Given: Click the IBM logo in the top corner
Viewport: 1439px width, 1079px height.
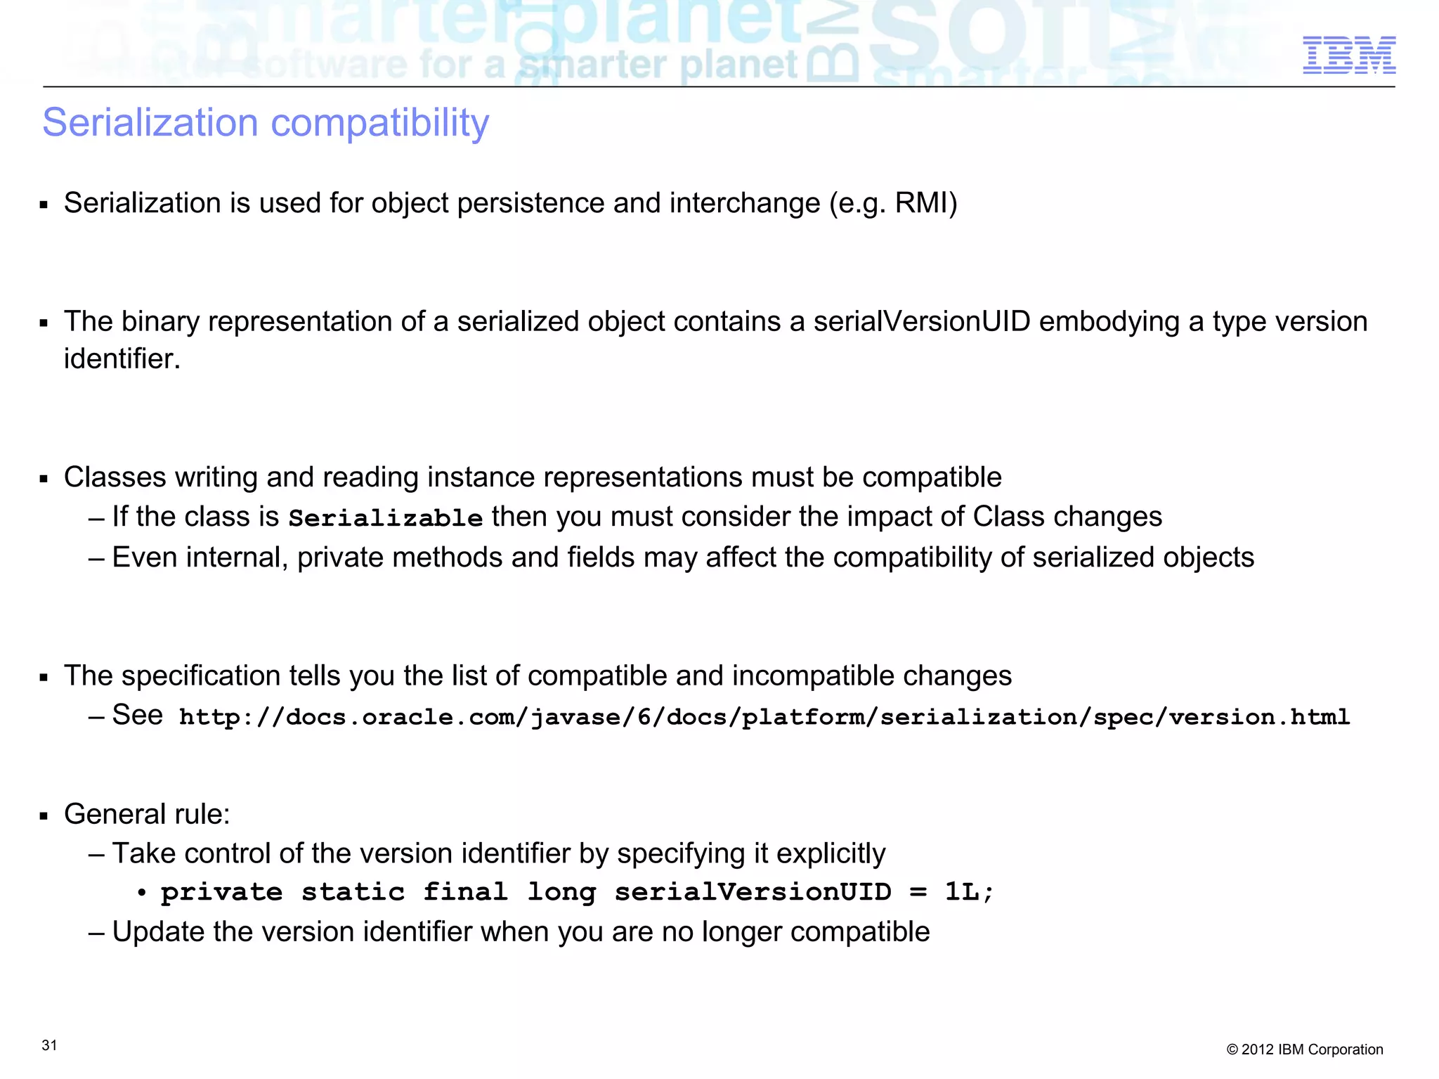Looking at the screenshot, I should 1348,56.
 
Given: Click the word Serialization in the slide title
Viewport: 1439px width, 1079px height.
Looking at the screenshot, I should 150,123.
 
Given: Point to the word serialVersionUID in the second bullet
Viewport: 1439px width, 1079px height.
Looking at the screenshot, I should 922,322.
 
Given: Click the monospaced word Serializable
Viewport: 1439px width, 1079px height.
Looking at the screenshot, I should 386,518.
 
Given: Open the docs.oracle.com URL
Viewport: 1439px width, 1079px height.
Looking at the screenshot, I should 764,718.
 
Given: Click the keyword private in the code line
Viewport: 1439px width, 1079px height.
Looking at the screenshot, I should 221,893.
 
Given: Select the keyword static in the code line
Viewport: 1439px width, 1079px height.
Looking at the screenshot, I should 353,893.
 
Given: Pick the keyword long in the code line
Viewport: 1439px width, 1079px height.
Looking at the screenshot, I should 561,893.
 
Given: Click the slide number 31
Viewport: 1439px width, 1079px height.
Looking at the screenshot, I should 49,1045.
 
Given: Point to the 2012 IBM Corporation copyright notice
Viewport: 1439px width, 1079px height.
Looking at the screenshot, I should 1304,1049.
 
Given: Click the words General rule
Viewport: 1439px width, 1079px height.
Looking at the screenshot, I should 147,814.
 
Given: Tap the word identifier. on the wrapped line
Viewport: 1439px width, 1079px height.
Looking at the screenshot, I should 122,359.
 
